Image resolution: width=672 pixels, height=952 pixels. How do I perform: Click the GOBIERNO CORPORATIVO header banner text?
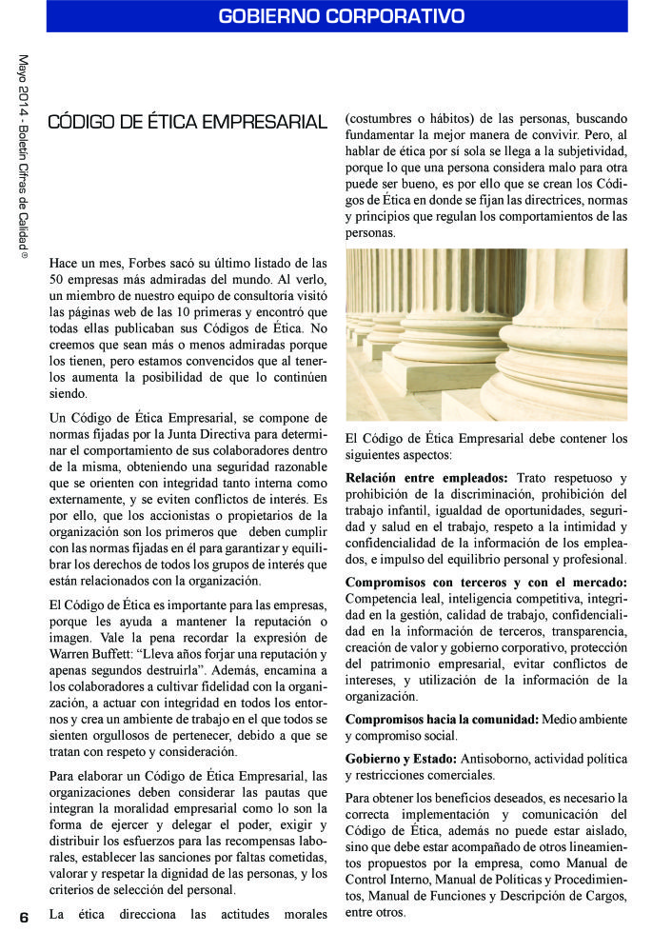coord(341,16)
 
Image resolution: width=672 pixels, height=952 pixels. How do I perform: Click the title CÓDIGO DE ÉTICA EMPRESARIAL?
coord(188,122)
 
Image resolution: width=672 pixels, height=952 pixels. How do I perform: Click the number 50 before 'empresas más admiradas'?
coord(57,279)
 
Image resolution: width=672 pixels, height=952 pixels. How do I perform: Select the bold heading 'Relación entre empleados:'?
coord(426,477)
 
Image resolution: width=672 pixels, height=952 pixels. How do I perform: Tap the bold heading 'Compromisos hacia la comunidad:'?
coord(442,719)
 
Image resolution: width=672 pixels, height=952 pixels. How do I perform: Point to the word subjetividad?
coord(587,152)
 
